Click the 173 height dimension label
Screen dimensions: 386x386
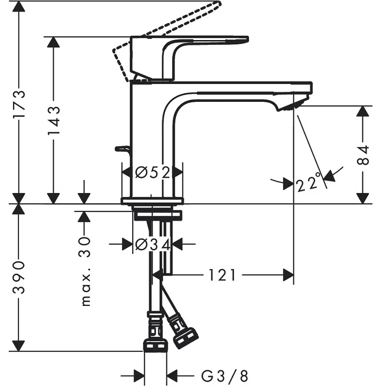coord(19,104)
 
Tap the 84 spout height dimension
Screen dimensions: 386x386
coord(363,155)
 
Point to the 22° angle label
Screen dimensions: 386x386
coord(309,183)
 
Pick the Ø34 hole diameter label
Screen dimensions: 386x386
coord(152,245)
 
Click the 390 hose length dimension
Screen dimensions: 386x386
coord(19,277)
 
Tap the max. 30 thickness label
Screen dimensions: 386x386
coord(85,272)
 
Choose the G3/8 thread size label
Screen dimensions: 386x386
coord(224,375)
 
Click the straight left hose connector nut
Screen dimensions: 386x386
coord(155,345)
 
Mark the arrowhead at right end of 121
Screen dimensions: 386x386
coord(288,275)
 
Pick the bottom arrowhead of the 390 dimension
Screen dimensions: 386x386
coord(19,345)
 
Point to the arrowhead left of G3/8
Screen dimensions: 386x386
coord(139,375)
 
